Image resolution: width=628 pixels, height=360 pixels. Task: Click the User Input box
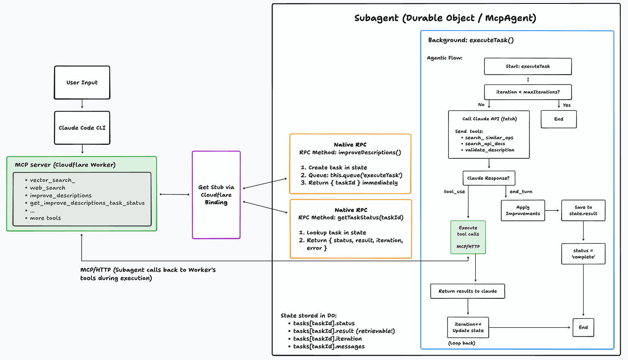82,82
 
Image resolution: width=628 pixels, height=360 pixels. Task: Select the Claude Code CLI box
82,128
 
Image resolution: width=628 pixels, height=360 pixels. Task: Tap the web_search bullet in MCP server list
47,188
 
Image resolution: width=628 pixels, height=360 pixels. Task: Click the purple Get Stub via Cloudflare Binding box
216,195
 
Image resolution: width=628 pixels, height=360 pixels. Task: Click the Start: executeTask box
528,66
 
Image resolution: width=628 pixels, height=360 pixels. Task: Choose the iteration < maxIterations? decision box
528,92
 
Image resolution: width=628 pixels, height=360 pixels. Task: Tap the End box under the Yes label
559,119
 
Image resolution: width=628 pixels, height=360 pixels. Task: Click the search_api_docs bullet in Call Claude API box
485,143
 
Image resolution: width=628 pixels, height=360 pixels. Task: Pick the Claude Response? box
489,178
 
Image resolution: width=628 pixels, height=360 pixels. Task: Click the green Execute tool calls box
468,237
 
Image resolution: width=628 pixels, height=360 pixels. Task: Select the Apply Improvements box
523,210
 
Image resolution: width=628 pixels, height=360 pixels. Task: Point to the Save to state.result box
583,210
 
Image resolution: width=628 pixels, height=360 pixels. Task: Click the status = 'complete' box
583,254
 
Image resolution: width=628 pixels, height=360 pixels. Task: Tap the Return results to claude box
468,291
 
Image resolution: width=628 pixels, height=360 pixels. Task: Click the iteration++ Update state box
468,327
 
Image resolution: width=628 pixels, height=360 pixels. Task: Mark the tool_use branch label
454,191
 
